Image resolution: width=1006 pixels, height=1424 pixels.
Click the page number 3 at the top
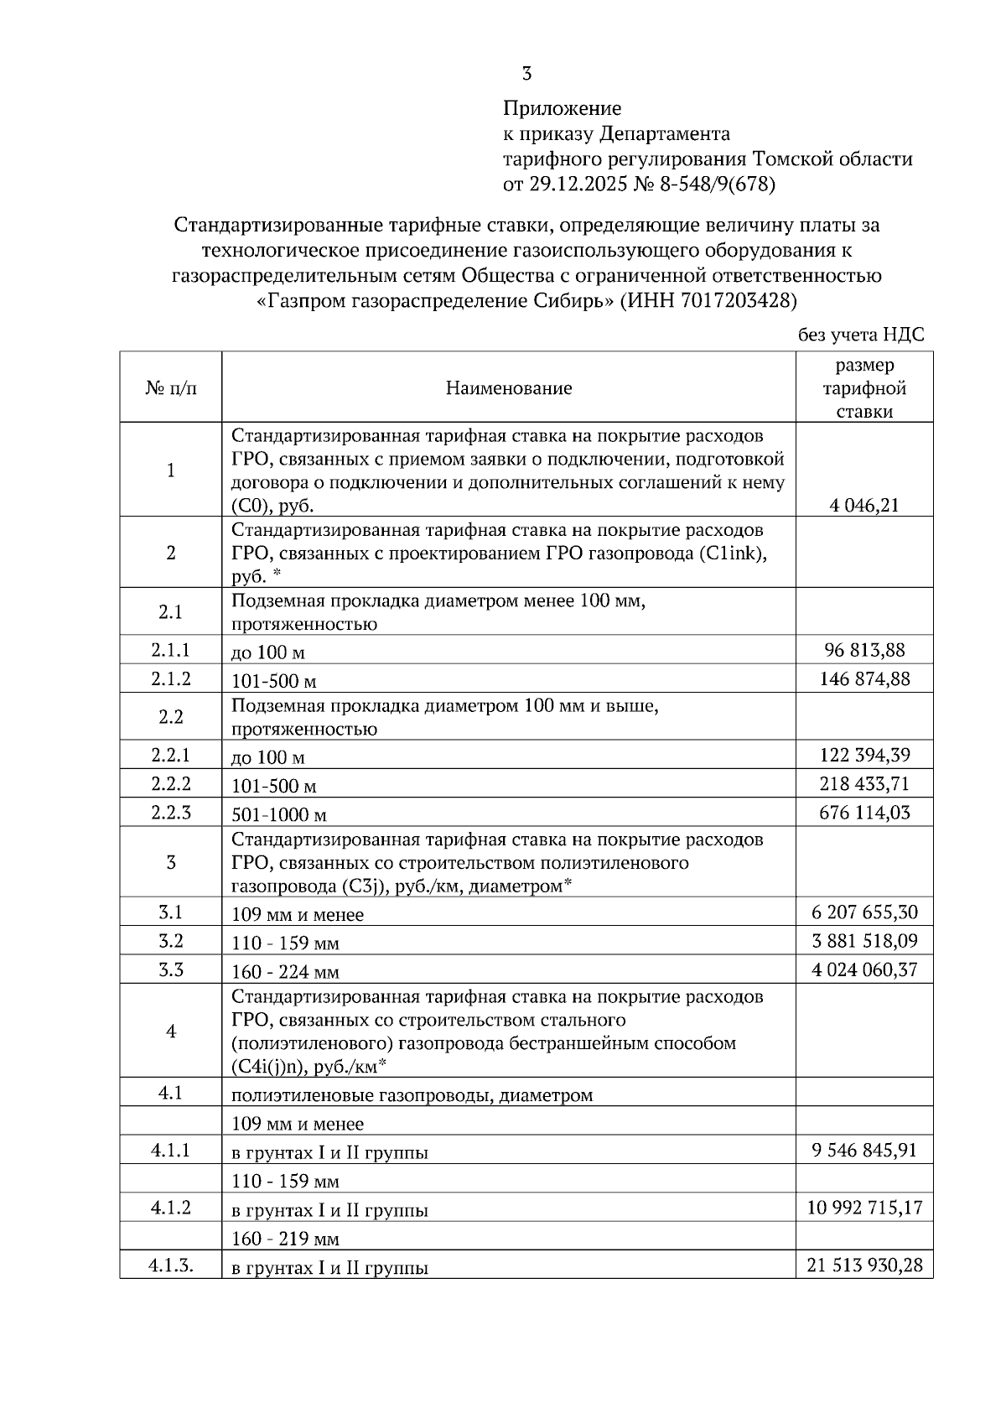coord(526,75)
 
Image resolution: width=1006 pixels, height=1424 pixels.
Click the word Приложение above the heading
coord(562,108)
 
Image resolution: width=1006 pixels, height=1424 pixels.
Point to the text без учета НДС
coord(861,335)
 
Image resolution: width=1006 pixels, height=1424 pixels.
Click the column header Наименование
coord(509,387)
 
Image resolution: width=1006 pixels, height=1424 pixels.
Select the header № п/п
coord(171,387)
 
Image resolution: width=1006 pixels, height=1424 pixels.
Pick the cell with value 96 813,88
coord(864,650)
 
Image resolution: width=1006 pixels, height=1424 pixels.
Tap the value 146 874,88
coord(864,678)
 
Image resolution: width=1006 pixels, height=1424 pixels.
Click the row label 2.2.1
coord(171,755)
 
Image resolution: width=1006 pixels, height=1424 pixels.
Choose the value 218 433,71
coord(864,784)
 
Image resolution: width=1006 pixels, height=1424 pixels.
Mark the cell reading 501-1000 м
coord(279,814)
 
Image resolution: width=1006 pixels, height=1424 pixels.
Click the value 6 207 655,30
coord(864,912)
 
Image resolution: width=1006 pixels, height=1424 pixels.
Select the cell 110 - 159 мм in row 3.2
coord(285,943)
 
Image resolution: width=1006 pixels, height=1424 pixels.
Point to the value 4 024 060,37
coord(864,970)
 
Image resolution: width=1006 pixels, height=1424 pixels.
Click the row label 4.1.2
coord(171,1208)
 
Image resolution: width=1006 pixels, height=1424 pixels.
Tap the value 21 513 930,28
coord(864,1265)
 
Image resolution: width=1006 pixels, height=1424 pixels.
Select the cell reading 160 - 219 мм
coord(285,1239)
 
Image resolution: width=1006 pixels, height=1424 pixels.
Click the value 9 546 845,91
coord(864,1150)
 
